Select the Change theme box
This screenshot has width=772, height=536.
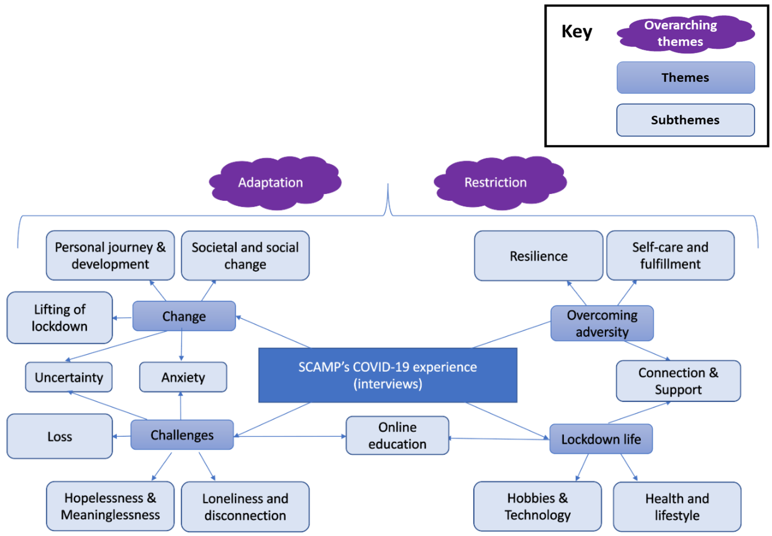[x=184, y=316]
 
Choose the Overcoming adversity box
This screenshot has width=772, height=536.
[x=602, y=323]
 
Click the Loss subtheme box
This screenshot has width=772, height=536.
[x=60, y=436]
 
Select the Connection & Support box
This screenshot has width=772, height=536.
[x=678, y=381]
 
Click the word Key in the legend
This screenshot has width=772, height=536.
[x=577, y=32]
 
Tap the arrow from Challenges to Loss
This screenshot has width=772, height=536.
[x=121, y=436]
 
